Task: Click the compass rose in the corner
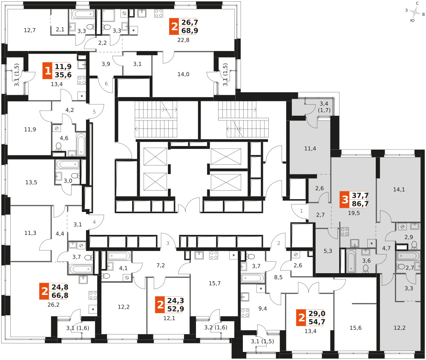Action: point(415,12)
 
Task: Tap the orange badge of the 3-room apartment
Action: point(345,200)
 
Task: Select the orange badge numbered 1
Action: point(48,71)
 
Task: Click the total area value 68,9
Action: point(190,31)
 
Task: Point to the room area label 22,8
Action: point(183,40)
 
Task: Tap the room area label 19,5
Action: point(354,213)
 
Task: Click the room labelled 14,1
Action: point(399,189)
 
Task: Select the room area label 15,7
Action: point(215,283)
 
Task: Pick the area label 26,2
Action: point(53,305)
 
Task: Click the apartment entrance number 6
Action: point(106,83)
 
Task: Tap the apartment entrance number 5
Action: point(94,111)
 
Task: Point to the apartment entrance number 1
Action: point(301,211)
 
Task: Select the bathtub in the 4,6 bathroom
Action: point(81,145)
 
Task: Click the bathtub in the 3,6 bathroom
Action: point(351,261)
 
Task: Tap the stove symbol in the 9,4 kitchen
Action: point(245,313)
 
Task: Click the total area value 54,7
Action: point(317,322)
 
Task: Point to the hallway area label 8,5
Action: point(278,277)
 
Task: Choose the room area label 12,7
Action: point(30,30)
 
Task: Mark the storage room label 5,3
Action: point(328,251)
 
